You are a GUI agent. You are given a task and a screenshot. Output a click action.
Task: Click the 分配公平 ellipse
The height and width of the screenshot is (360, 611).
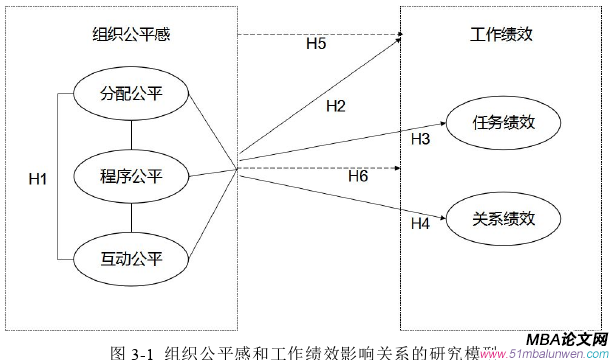(131, 96)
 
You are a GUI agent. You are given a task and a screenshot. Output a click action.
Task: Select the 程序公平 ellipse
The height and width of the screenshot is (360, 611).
(131, 178)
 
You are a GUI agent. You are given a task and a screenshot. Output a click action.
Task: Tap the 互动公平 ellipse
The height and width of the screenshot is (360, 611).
(131, 259)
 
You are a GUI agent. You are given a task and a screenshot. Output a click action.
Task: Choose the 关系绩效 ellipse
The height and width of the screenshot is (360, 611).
(504, 216)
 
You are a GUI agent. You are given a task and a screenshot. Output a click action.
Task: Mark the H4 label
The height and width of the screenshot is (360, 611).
(420, 222)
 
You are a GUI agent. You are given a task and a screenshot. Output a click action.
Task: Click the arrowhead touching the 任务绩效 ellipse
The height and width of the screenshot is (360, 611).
(447, 126)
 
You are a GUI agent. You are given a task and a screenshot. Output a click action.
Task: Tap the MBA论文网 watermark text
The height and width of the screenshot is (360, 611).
(562, 341)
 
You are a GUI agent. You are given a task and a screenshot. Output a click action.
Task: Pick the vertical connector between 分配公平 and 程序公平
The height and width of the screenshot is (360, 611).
(131, 137)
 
